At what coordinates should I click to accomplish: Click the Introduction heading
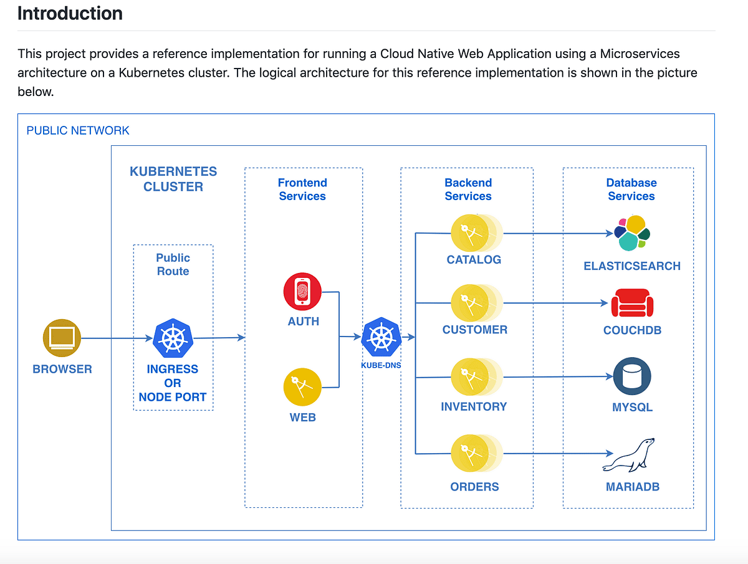(x=70, y=13)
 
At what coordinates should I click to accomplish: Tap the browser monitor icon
(x=62, y=338)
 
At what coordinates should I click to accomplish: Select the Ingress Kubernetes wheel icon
(x=173, y=338)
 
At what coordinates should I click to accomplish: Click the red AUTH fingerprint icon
(x=302, y=292)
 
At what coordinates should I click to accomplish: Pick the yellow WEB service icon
(x=302, y=387)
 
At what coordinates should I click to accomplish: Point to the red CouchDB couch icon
(x=632, y=304)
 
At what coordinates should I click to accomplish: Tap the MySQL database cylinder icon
(x=632, y=376)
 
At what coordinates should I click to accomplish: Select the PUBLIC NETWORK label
(x=78, y=130)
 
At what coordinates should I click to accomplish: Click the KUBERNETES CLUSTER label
(x=173, y=179)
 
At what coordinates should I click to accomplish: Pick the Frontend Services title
(x=302, y=189)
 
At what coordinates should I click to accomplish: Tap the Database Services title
(x=631, y=189)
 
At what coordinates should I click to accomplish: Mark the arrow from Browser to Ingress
(x=117, y=338)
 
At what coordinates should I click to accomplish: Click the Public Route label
(x=173, y=264)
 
